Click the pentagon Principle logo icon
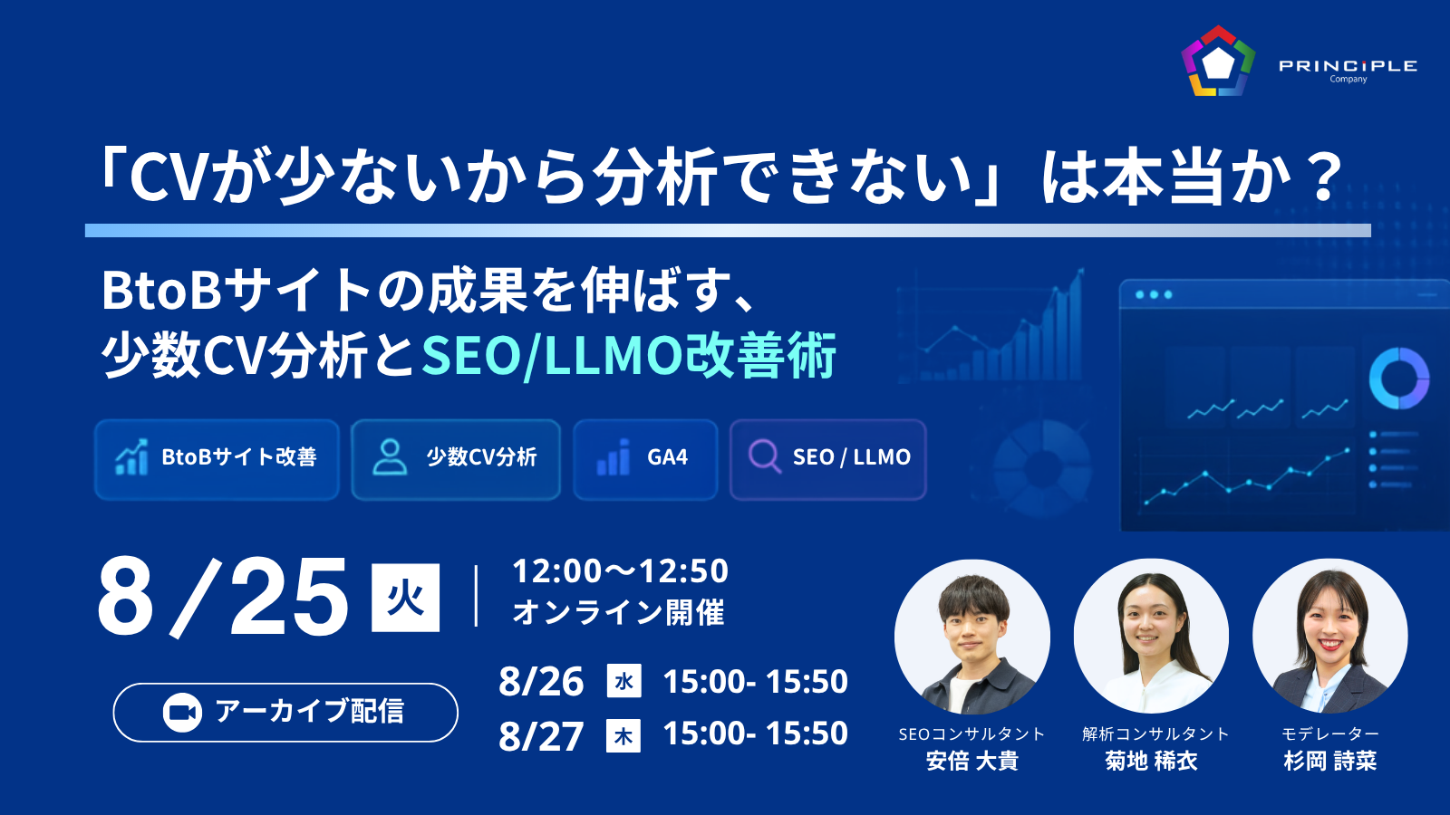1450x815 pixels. tap(1218, 62)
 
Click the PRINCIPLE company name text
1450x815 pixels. tap(1348, 66)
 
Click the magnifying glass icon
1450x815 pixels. tap(765, 457)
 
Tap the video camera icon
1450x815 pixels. tap(182, 713)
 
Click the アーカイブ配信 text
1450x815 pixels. tap(309, 712)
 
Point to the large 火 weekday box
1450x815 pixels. tap(405, 598)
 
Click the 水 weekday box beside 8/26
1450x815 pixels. tap(624, 680)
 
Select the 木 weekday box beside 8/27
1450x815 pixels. tap(623, 735)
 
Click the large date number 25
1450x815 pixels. tap(288, 598)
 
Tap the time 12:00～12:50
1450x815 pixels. tap(620, 571)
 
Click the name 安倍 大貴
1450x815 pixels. tap(972, 761)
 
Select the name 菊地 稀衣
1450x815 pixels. tap(1152, 761)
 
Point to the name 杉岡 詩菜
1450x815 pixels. tap(1330, 761)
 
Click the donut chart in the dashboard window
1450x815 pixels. tap(1399, 379)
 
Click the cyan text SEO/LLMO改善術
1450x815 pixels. tap(629, 355)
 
